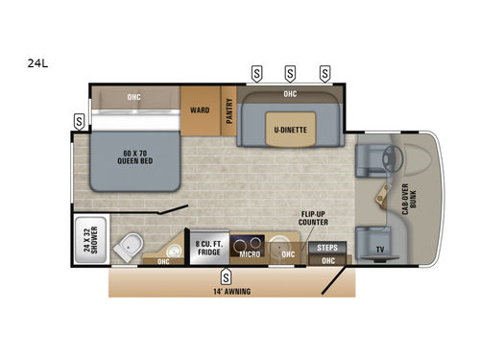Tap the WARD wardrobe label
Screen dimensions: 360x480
coord(200,109)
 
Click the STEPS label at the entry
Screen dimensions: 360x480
coord(326,247)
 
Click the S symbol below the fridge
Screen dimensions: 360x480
coord(225,274)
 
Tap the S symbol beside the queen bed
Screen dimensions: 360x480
coord(77,121)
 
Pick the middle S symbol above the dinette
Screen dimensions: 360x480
coord(289,72)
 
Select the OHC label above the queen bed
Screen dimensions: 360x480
coord(134,96)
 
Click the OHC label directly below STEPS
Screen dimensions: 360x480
coord(328,259)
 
